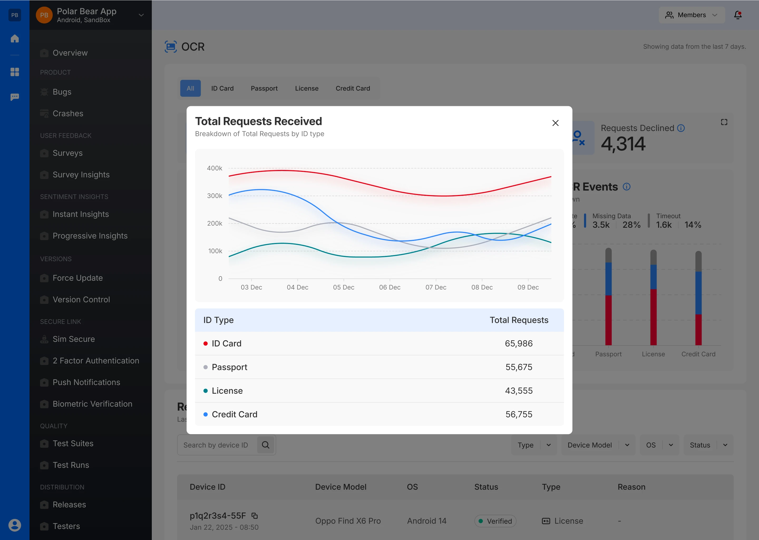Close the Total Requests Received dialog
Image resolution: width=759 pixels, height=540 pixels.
point(555,123)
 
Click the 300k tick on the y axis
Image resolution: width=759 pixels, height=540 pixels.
point(215,196)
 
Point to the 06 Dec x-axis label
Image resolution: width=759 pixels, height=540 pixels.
point(390,287)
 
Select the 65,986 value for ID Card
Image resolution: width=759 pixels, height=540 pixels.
point(519,343)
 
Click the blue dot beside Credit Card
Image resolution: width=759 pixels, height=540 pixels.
point(206,414)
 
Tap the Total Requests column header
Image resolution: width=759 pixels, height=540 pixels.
point(519,320)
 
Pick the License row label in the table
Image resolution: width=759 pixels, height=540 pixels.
point(227,391)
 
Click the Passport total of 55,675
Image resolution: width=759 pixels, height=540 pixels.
point(519,367)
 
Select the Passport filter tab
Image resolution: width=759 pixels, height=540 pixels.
point(264,89)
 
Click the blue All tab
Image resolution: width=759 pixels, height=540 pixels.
point(190,89)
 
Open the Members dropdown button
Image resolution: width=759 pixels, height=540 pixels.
point(692,15)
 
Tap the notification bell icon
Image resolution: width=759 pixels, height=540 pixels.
point(738,15)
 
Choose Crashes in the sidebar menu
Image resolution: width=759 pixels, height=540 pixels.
point(68,113)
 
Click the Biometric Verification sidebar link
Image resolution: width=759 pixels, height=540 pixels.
point(93,404)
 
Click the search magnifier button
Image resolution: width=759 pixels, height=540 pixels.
point(265,445)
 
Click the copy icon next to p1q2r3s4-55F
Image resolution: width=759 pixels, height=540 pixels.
point(255,516)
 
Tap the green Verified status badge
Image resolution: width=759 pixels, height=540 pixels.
point(495,521)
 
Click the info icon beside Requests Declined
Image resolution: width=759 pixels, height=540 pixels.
point(681,128)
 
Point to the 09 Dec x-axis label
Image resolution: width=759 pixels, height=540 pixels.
point(528,287)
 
